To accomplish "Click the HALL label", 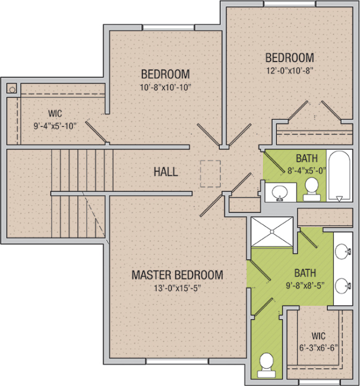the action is (166, 172).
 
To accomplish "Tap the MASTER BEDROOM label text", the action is (177, 275).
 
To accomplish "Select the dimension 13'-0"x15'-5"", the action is (177, 288).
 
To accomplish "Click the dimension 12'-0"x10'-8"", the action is (289, 71).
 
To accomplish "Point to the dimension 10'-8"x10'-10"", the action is (165, 88).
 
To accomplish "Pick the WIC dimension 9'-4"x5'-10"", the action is (55, 126).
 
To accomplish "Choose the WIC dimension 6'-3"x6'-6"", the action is (318, 348).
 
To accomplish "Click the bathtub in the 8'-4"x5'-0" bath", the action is (339, 175).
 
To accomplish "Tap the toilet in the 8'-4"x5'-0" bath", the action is (312, 189).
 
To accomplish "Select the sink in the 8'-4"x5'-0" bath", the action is (280, 192).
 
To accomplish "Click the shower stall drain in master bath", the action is (272, 231).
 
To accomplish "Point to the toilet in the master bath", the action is (267, 365).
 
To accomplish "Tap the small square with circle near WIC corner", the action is (11, 88).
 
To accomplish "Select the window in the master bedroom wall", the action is (177, 361).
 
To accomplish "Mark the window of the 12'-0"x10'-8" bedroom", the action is (289, 3).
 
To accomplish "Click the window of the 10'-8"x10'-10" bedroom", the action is (169, 27).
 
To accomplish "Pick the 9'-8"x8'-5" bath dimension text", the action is (305, 286).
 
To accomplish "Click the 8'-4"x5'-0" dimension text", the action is (307, 171).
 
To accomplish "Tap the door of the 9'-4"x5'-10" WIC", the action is (96, 132).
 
